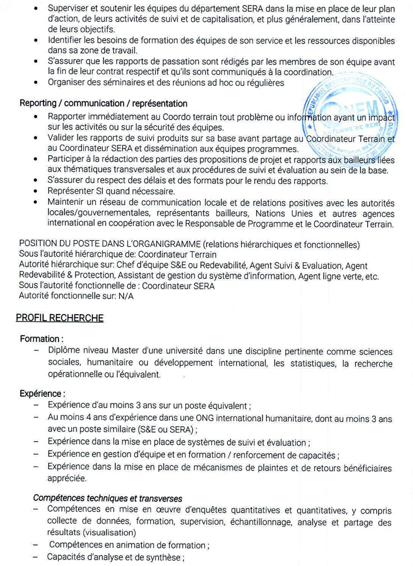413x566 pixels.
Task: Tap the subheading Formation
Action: click(x=41, y=338)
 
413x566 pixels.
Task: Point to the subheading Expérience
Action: click(x=42, y=392)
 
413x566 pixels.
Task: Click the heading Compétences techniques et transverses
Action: click(x=107, y=497)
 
